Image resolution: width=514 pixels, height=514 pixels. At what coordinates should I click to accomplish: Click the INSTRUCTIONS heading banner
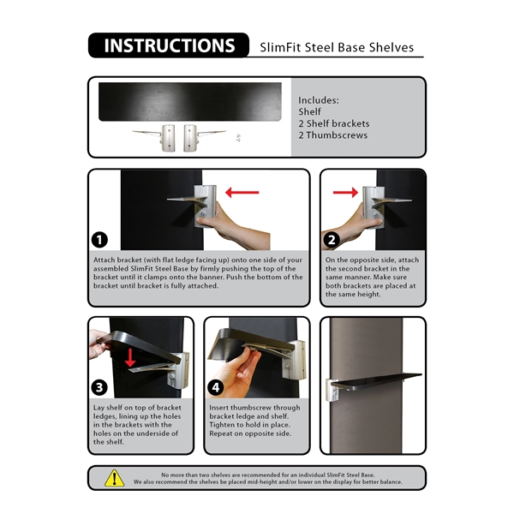[x=168, y=45]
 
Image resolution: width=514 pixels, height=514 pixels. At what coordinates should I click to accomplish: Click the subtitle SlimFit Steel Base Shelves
[x=336, y=48]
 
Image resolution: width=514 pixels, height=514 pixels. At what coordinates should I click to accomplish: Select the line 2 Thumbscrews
[x=333, y=135]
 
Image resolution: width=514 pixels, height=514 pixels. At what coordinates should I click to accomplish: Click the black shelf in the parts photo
[x=189, y=101]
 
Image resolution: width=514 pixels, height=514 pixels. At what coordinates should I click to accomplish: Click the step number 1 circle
[x=102, y=240]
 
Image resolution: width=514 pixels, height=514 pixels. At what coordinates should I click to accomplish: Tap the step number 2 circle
[x=332, y=240]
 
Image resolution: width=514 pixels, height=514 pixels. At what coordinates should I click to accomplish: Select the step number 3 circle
[x=102, y=386]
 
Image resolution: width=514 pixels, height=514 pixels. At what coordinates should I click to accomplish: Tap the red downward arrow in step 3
[x=129, y=356]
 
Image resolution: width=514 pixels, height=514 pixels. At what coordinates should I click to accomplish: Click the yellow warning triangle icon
[x=114, y=478]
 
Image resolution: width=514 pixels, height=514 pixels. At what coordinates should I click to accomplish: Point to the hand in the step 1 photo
[x=229, y=226]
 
